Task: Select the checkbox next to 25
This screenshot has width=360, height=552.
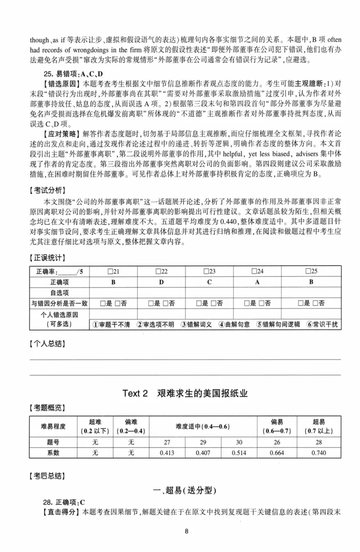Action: [x=308, y=271]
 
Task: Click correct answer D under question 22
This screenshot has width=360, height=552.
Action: [x=161, y=282]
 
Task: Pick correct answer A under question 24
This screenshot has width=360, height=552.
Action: [x=257, y=282]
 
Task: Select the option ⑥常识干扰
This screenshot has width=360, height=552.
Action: [x=322, y=325]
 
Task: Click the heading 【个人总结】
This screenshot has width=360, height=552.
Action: [x=48, y=344]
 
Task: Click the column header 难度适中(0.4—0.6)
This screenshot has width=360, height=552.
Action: [x=203, y=426]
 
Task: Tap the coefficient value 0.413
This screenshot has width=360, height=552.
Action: [x=167, y=452]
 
